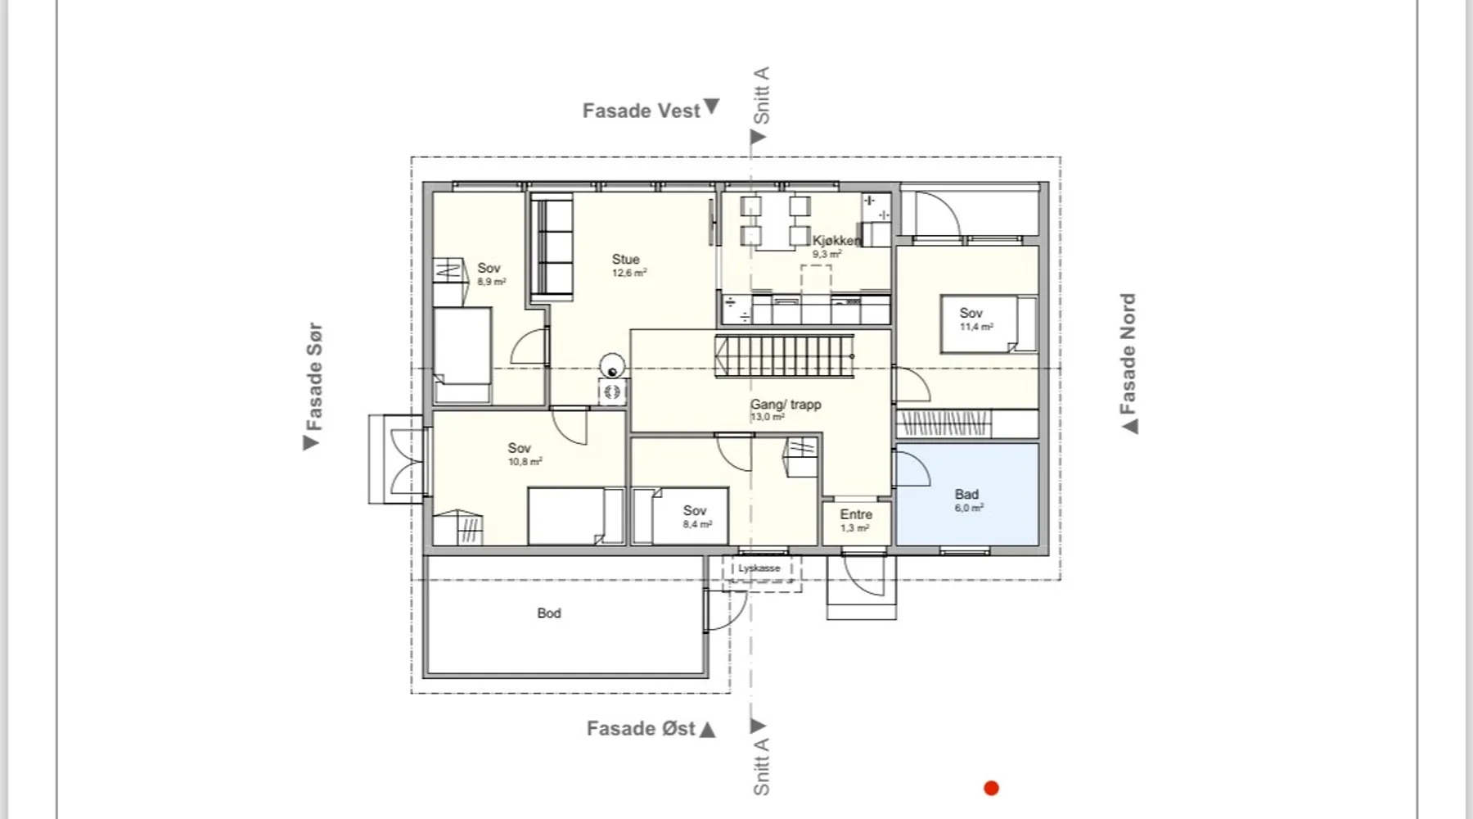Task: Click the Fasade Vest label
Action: [x=642, y=111]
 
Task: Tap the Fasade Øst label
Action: [x=641, y=728]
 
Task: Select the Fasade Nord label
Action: [x=1128, y=354]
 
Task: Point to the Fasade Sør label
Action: [x=313, y=377]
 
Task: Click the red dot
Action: [x=991, y=788]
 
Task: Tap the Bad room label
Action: [x=966, y=494]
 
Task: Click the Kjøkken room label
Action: [x=836, y=241]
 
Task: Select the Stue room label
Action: [x=626, y=259]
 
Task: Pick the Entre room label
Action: [x=856, y=514]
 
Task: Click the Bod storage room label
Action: [x=549, y=613]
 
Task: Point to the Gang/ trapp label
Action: [x=786, y=405]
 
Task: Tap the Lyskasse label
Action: [x=759, y=568]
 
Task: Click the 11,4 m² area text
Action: [x=976, y=327]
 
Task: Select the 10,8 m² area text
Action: [x=525, y=462]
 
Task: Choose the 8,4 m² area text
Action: [x=697, y=524]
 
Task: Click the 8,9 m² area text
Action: [x=491, y=282]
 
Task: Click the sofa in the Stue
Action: [x=552, y=246]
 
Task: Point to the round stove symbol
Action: [x=612, y=366]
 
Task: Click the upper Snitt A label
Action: [x=761, y=96]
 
